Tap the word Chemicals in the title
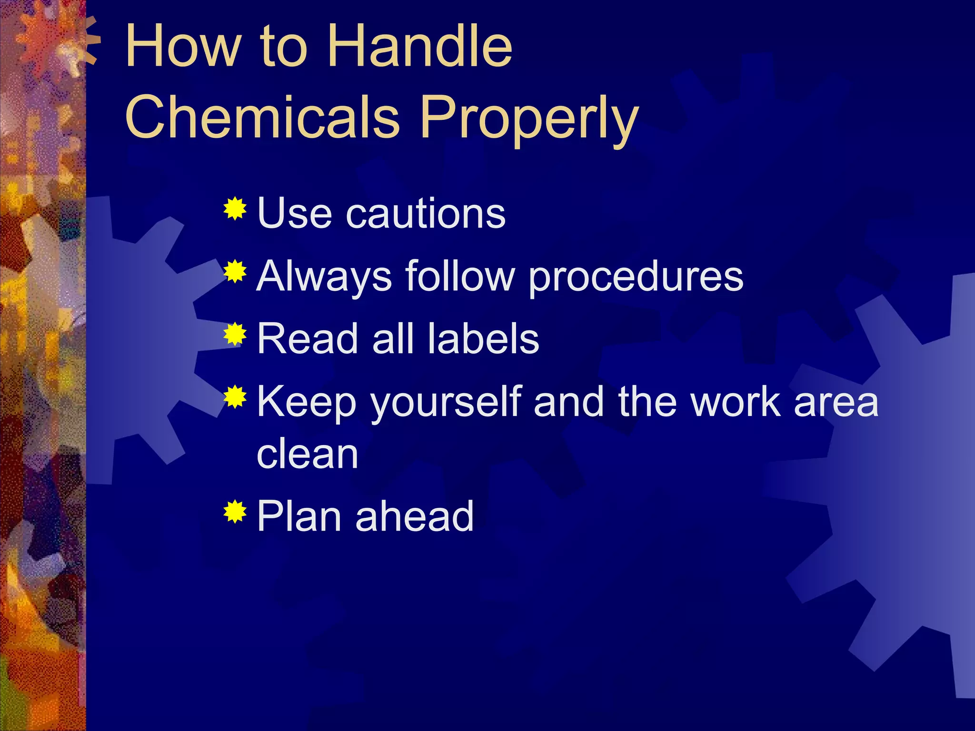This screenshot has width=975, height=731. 262,117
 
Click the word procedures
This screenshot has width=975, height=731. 636,277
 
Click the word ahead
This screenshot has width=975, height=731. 414,516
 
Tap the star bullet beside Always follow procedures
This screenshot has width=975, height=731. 235,272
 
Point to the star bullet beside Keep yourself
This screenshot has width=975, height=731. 235,397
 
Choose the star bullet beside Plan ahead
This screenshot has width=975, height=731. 235,512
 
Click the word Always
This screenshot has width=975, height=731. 324,277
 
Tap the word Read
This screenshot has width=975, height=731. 308,339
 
